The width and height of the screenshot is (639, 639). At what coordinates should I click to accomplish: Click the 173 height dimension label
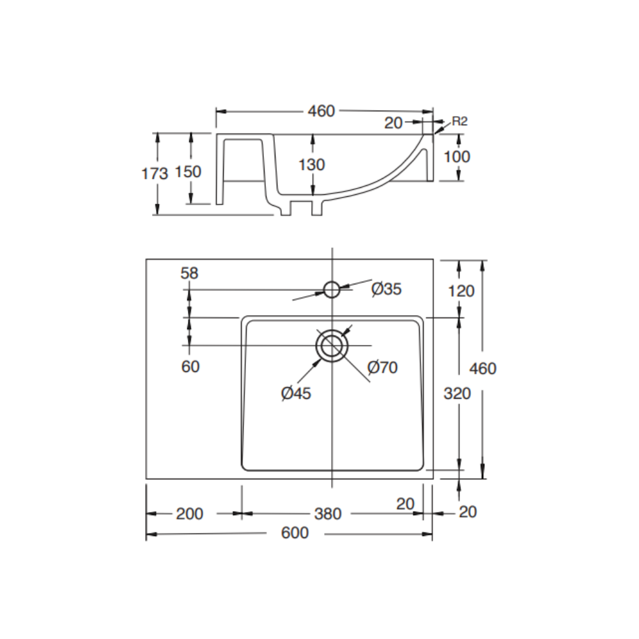155,173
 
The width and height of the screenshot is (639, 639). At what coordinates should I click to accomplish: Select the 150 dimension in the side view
189,171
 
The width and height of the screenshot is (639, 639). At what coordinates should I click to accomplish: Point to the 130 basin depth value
312,164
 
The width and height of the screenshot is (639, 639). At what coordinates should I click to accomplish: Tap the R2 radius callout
459,121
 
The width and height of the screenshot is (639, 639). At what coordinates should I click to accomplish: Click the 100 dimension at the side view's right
456,157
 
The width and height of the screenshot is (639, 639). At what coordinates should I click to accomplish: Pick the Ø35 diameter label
387,289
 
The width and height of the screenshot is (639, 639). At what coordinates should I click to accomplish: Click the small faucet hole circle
332,289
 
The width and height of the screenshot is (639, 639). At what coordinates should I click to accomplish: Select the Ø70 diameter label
383,367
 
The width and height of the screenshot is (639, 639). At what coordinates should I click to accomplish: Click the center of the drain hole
332,346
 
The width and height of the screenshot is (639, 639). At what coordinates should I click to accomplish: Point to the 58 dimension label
190,273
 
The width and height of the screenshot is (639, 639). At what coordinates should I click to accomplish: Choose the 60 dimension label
190,366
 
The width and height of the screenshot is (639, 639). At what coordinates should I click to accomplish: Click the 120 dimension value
461,291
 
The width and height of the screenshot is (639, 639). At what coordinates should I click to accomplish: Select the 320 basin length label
457,393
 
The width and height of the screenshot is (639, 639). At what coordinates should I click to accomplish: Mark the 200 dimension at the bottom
190,513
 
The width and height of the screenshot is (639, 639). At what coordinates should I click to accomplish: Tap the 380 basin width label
328,513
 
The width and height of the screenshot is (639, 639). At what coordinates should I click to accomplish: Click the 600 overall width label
295,532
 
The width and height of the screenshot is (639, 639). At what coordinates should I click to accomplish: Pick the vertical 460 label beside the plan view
482,368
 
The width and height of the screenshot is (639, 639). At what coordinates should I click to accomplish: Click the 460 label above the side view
321,111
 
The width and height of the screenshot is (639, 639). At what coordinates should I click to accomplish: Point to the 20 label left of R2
394,123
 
